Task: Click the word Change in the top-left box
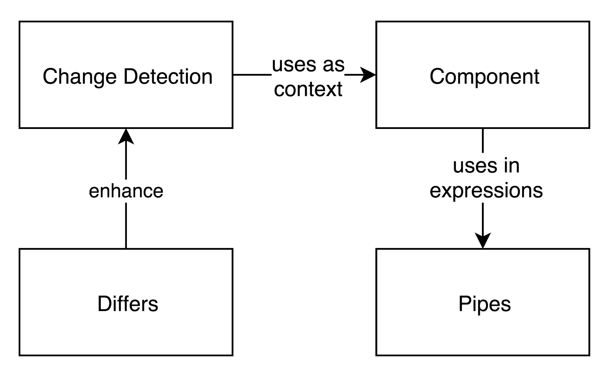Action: click(x=80, y=77)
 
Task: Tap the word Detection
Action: click(x=168, y=76)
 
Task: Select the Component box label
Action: click(x=484, y=77)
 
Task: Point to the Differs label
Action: click(x=128, y=303)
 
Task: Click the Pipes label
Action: click(x=484, y=304)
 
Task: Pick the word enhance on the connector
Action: click(x=126, y=191)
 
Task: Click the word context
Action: click(x=308, y=89)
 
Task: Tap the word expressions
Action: click(x=486, y=191)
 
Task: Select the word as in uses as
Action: click(x=334, y=65)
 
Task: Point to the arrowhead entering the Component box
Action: click(x=368, y=74)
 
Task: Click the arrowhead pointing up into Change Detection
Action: click(x=126, y=137)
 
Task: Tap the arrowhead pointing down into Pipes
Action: click(x=483, y=240)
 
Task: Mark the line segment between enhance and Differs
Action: click(x=126, y=226)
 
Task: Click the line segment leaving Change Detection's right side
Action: click(x=253, y=74)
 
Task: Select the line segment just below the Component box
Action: click(x=483, y=141)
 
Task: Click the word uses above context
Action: click(x=294, y=65)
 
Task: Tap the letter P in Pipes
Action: click(x=465, y=303)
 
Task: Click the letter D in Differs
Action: click(x=105, y=303)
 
